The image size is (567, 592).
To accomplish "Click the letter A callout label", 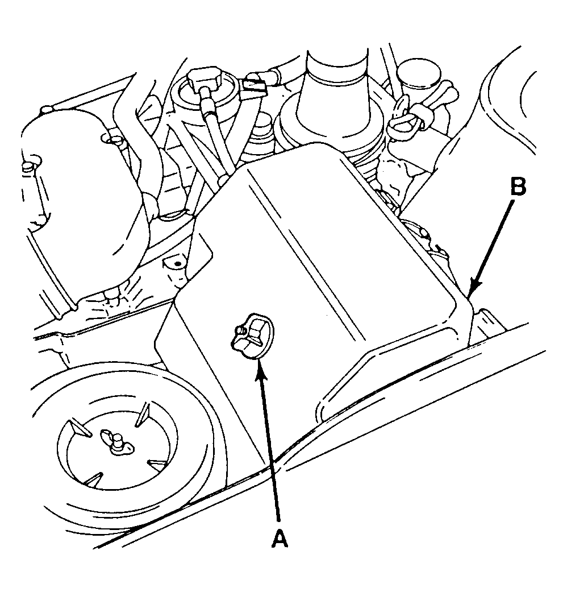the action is click(280, 539).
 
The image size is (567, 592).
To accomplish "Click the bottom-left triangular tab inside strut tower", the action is click(94, 478).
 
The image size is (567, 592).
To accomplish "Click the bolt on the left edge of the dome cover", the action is click(29, 167).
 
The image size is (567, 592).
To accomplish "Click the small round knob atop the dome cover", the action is click(45, 110).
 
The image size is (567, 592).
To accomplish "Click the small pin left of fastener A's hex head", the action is click(239, 331).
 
